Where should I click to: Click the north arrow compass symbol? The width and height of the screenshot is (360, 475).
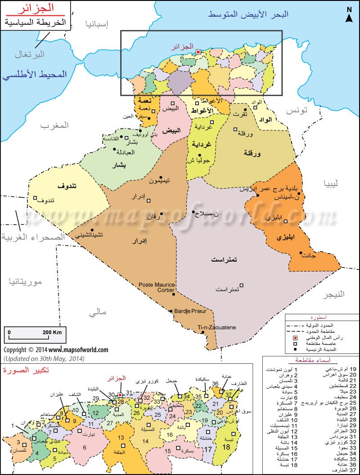[349, 15]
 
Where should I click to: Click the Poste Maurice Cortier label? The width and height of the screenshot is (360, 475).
[156, 287]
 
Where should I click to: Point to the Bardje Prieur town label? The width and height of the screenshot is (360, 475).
[189, 311]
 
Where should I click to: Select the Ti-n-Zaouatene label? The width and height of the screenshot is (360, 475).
[216, 328]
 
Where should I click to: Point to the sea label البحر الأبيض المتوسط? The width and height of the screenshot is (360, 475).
[248, 14]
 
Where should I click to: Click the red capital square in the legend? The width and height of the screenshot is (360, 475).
[295, 337]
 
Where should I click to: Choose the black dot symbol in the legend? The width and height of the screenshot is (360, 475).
[295, 349]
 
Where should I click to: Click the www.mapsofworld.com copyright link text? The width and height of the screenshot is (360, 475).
[78, 349]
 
